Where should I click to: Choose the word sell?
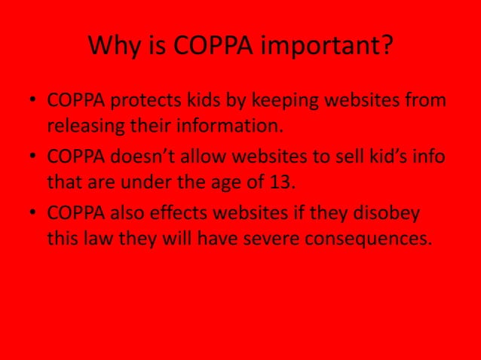pos(342,157)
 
